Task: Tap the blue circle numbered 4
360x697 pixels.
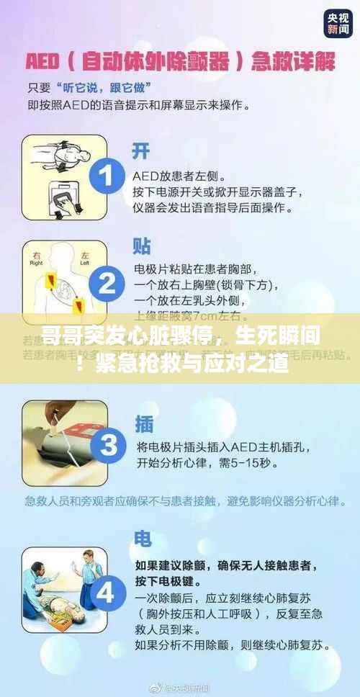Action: pyautogui.click(x=106, y=593)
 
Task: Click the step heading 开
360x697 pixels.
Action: pyautogui.click(x=141, y=150)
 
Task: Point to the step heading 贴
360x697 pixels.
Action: pyautogui.click(x=142, y=246)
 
